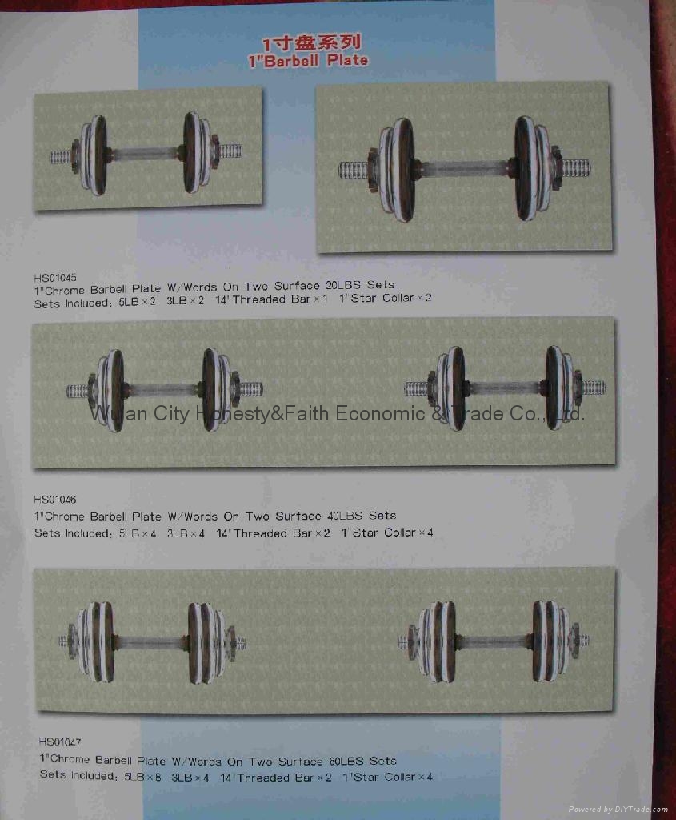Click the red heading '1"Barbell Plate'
316,60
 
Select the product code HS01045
55,273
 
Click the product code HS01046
56,500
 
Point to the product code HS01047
60,742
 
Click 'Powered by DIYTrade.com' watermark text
618,810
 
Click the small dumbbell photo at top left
147,151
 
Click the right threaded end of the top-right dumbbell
576,169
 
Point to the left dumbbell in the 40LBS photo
165,390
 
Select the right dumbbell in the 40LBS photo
505,388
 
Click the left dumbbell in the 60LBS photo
152,642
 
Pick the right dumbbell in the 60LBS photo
494,641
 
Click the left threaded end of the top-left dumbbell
61,157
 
